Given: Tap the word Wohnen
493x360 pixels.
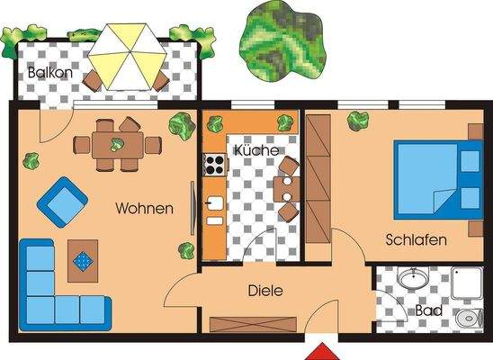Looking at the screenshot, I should [x=144, y=209].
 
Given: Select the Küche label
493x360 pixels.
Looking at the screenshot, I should [x=255, y=151].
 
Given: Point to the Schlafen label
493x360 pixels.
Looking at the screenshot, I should [x=417, y=240].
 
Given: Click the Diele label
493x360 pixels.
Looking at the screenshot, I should [x=265, y=291].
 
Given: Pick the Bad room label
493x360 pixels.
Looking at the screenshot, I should [x=428, y=311].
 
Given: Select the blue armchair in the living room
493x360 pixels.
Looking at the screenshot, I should [x=59, y=202].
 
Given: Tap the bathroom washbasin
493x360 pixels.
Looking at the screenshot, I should [x=413, y=280].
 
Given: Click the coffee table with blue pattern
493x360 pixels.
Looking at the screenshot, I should [x=83, y=260].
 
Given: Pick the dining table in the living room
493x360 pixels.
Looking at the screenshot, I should [x=117, y=144].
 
